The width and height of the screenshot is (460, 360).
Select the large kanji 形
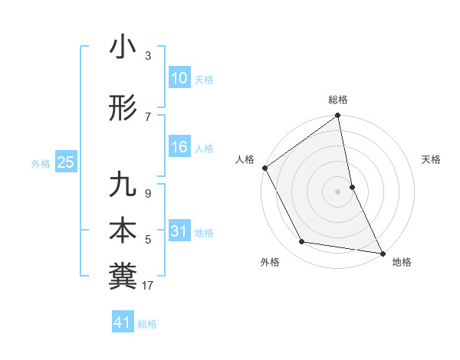coord(123,110)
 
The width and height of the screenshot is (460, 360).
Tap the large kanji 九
coord(123,185)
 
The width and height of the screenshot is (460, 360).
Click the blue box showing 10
coord(179,78)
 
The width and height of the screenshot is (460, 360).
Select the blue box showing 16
coord(179,147)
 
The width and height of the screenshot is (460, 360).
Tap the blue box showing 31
coord(179,231)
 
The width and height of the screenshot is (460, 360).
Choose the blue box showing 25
coord(65,162)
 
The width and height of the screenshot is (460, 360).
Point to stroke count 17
coord(148,286)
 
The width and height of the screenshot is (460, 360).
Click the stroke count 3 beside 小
coord(148,56)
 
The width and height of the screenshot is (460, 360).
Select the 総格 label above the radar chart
coord(338,100)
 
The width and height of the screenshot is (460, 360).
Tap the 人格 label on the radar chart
coord(245,159)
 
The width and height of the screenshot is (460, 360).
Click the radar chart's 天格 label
coord(432,159)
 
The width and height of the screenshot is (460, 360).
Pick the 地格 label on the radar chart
coord(402,262)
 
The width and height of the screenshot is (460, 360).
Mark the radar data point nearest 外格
coord(302,242)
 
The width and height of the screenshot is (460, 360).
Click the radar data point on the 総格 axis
coord(338,116)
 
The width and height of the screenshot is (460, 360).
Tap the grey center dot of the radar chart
coord(338,191)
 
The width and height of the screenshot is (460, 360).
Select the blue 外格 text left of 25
coord(41,163)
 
